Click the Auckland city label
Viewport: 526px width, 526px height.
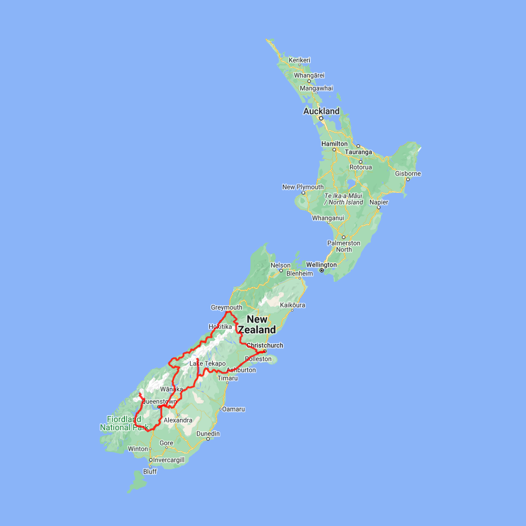click(321, 111)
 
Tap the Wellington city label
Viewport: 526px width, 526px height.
click(321, 265)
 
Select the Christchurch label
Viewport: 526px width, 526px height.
click(265, 345)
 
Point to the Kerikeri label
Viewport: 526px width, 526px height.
click(299, 60)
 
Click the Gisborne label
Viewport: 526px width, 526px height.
click(408, 174)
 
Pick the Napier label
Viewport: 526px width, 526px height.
click(379, 202)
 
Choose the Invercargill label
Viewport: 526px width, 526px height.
click(168, 460)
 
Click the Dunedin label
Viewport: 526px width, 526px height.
click(208, 434)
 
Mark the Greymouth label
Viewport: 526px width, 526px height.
click(226, 307)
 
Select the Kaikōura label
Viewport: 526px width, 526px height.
click(293, 305)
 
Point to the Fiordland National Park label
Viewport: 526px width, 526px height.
click(124, 423)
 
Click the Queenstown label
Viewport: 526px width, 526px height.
click(159, 402)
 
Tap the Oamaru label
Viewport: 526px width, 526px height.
click(234, 409)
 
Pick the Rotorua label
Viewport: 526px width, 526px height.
click(361, 167)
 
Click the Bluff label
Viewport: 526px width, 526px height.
click(150, 472)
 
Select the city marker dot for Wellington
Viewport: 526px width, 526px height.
click(321, 271)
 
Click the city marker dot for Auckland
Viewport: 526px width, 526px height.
click(320, 117)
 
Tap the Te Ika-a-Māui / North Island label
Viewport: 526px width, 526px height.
click(344, 199)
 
